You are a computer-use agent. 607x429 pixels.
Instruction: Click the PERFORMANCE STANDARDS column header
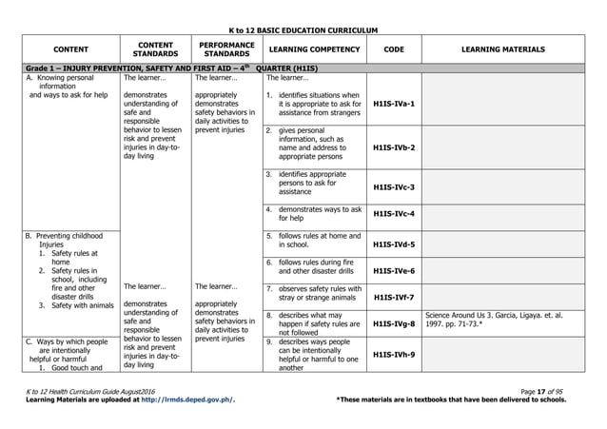[225, 48]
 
